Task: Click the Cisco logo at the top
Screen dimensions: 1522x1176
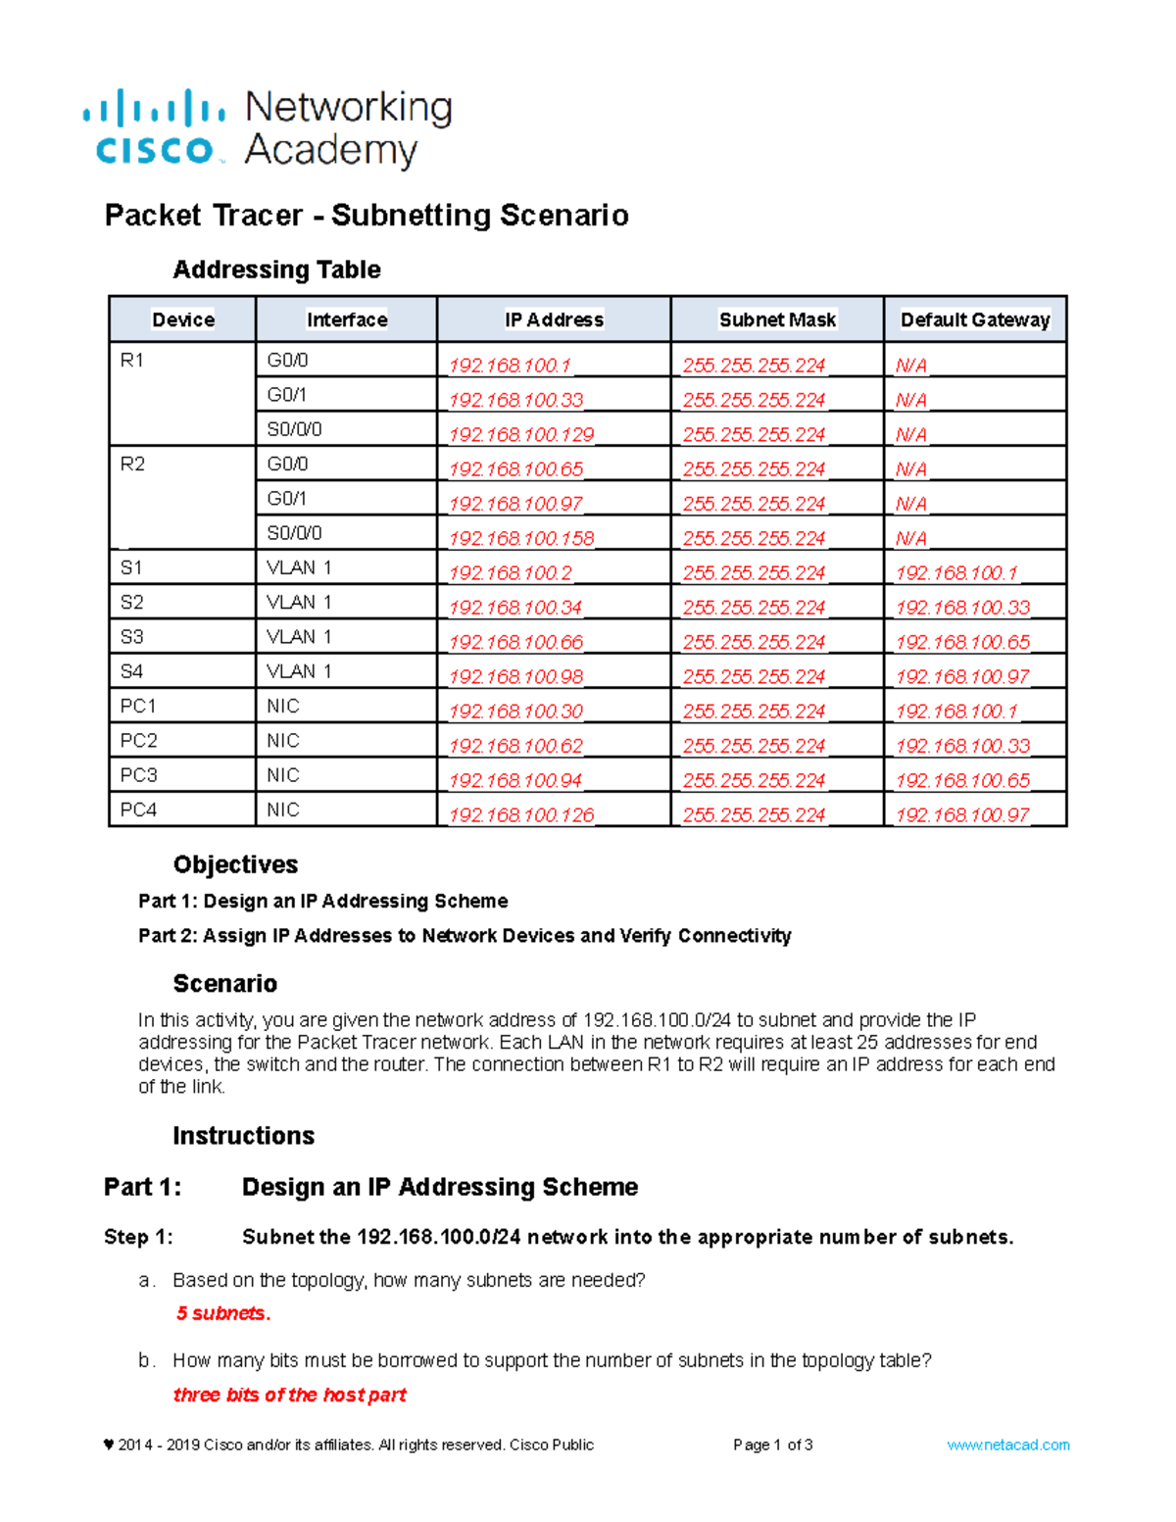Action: [155, 128]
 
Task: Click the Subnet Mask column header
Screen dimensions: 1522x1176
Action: [777, 319]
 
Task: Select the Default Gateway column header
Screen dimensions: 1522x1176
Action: [974, 319]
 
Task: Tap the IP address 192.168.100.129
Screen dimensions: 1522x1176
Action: [521, 434]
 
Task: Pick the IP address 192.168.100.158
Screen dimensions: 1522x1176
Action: [521, 538]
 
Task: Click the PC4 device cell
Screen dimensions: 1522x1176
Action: [138, 810]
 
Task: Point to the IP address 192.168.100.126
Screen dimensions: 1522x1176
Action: [521, 815]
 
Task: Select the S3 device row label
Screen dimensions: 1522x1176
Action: [131, 637]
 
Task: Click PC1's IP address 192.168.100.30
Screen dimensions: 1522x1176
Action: [515, 712]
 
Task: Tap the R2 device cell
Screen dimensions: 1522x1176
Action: [132, 464]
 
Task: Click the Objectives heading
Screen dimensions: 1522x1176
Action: [235, 864]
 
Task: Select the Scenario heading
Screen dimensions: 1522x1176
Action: [224, 983]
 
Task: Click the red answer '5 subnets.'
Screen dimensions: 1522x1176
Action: [223, 1313]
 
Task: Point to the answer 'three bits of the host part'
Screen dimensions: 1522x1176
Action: [289, 1395]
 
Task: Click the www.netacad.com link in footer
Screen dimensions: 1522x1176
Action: [1007, 1445]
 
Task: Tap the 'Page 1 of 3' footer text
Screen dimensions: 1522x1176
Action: [772, 1445]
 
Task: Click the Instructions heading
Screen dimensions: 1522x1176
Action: [243, 1136]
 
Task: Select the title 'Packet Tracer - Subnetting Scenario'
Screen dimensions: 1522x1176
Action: [367, 215]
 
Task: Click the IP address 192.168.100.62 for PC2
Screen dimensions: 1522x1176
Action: [515, 746]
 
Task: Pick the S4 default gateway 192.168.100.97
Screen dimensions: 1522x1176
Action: [962, 677]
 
